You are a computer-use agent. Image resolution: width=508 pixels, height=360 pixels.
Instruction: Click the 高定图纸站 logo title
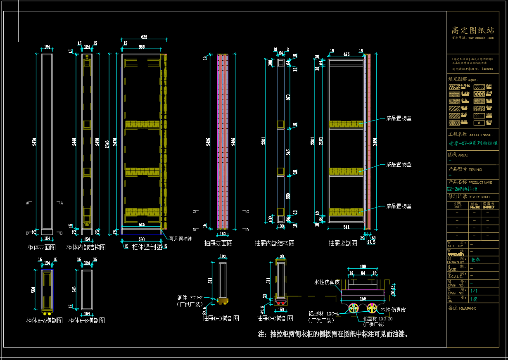473,30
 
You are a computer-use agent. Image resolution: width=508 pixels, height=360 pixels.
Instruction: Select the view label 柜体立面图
41,247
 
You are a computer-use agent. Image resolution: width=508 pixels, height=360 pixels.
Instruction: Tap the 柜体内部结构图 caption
86,247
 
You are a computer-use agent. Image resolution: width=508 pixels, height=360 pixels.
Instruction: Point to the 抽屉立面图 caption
218,243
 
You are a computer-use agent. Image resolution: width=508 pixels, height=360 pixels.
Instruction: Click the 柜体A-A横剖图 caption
45,320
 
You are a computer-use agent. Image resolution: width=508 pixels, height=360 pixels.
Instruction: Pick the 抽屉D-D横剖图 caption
221,318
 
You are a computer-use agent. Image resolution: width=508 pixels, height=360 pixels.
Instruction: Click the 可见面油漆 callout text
181,238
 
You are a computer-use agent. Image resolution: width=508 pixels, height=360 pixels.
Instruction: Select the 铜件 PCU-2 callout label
190,297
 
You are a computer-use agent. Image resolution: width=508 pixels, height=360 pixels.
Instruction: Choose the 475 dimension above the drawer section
346,54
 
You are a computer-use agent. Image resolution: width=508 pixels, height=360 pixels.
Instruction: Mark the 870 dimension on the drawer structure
289,97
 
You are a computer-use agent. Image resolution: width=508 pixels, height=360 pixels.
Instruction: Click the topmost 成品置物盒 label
399,118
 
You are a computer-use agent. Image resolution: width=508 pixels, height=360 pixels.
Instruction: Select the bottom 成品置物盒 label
399,206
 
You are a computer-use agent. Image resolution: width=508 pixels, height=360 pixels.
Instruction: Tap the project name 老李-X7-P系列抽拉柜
473,144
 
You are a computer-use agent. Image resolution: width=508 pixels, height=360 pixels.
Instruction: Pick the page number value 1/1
474,291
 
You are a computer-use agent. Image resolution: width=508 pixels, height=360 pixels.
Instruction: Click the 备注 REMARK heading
462,308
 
